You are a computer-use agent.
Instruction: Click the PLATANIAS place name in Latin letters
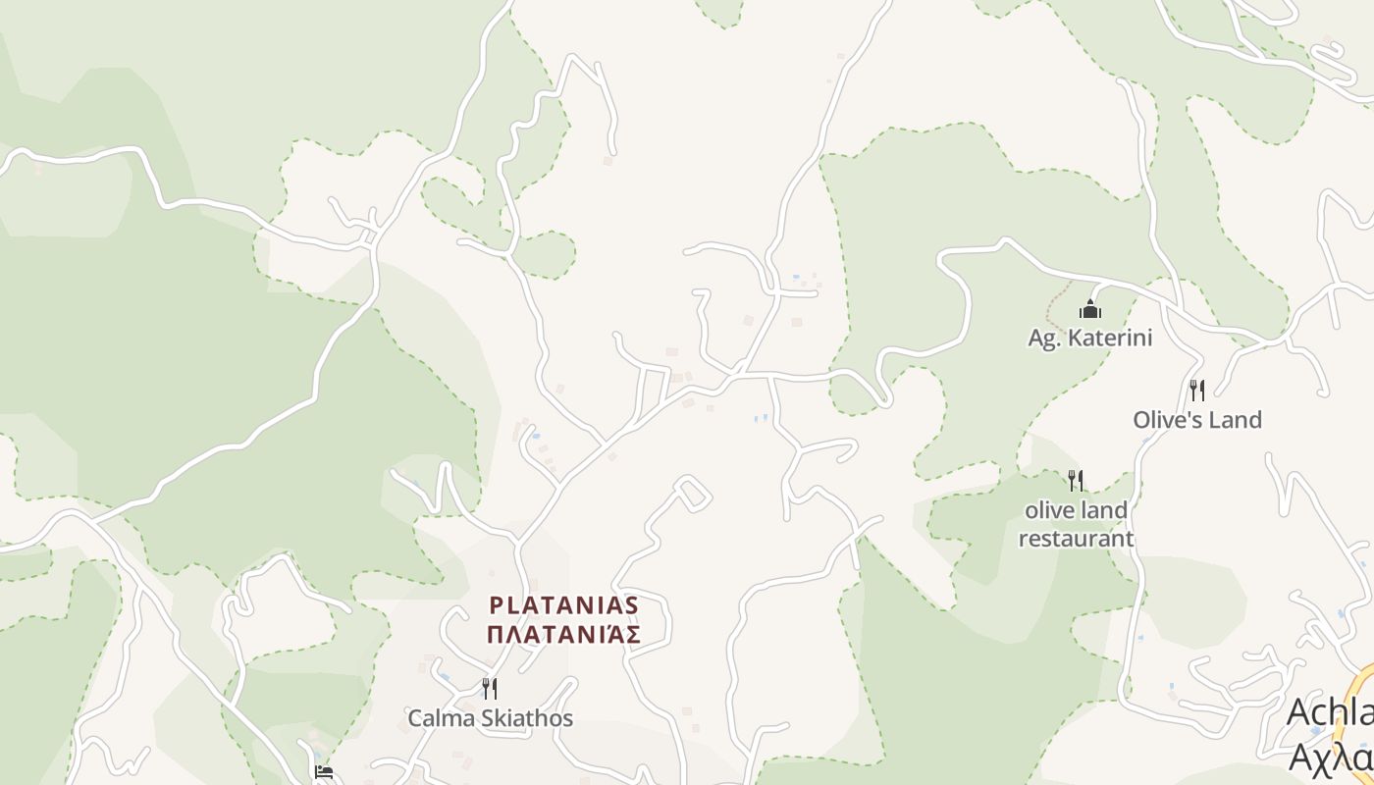pos(563,604)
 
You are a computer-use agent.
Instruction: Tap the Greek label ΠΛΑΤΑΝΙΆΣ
pos(563,634)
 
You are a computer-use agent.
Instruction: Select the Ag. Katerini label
pos(1089,338)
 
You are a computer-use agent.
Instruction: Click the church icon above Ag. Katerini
pos(1089,310)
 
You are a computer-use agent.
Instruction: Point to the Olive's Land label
pos(1196,419)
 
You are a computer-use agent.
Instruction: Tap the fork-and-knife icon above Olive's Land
pos(1196,390)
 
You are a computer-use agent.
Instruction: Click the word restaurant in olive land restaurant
pos(1076,538)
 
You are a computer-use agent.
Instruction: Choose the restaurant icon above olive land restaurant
pos(1076,480)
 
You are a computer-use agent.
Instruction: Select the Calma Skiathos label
pos(490,717)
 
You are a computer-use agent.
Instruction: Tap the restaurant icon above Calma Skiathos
pos(489,688)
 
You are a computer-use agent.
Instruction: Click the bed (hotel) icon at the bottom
pos(324,772)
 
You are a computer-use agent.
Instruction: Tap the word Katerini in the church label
pos(1107,338)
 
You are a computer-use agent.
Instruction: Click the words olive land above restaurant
pos(1076,510)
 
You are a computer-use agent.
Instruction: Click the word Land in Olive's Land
pos(1235,419)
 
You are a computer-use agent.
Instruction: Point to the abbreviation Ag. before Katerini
pos(1041,339)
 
